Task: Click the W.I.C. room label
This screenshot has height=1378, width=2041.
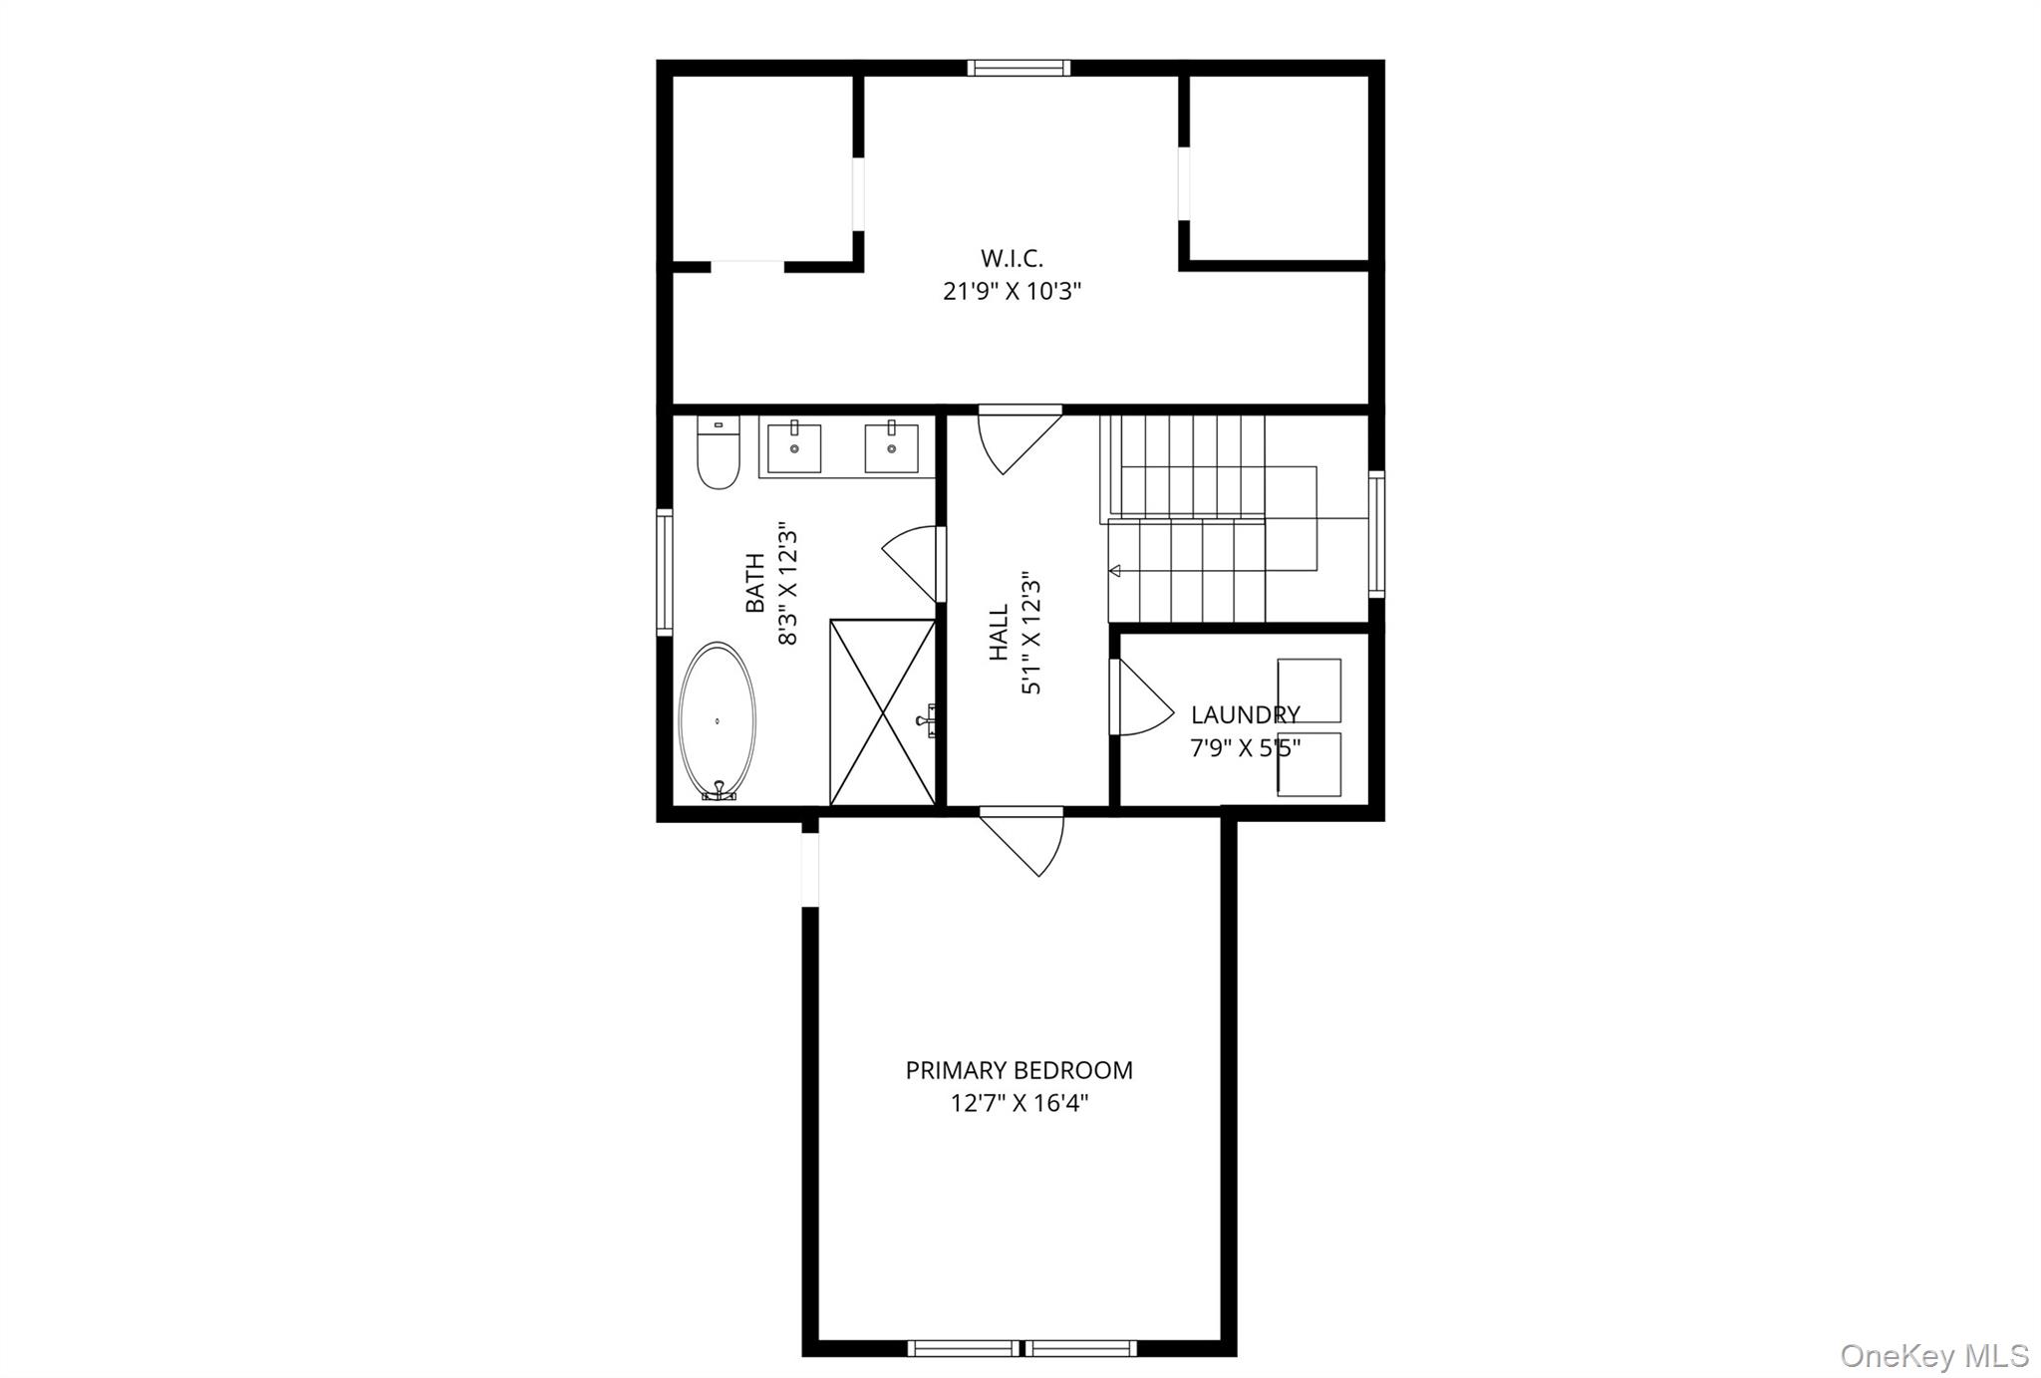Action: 1012,258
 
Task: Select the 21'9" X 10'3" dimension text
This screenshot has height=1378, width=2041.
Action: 1012,292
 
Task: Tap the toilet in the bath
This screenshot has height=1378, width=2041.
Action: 718,456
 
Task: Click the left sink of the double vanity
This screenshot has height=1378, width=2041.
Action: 794,447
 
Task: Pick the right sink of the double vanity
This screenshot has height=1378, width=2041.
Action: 891,447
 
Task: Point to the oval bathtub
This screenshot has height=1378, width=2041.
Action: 717,720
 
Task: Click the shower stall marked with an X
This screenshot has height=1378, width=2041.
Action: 882,711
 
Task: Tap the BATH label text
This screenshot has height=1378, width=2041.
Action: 755,583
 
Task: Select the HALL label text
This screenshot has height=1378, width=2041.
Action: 999,633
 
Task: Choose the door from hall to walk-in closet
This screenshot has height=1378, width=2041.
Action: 1017,438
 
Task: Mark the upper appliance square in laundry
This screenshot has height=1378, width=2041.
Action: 1309,689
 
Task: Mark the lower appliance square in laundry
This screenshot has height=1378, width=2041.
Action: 1309,765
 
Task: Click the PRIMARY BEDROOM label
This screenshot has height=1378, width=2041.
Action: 1019,1071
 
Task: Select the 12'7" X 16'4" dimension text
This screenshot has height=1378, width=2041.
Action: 1019,1104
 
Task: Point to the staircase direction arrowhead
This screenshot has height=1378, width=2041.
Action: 1115,571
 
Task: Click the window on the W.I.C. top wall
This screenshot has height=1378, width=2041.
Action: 1019,68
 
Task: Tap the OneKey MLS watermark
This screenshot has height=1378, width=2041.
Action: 1933,1355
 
